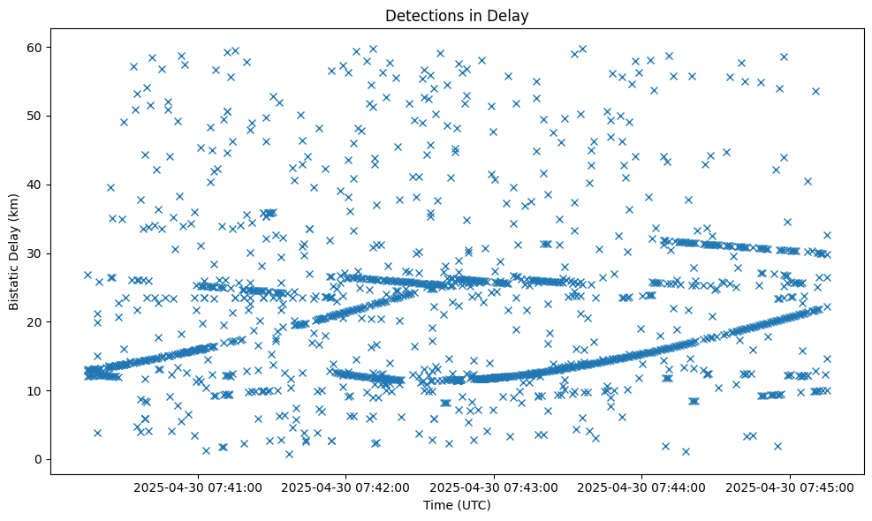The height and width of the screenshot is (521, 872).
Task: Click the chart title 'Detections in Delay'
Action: click(456, 15)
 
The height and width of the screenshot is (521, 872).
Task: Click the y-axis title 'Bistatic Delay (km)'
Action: click(14, 252)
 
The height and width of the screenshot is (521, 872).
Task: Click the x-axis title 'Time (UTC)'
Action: click(456, 505)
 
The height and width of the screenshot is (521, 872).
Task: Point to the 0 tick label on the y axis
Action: click(36, 459)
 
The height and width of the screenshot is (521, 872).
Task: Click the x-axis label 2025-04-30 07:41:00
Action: click(197, 487)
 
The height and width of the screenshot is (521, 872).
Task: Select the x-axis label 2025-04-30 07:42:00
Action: click(345, 487)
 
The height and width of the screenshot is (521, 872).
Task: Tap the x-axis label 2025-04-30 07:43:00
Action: click(493, 487)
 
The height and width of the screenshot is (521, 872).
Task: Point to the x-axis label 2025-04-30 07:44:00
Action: click(641, 487)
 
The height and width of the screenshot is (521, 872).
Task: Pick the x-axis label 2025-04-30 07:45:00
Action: click(789, 487)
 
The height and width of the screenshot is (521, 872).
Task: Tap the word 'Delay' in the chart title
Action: click(510, 15)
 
